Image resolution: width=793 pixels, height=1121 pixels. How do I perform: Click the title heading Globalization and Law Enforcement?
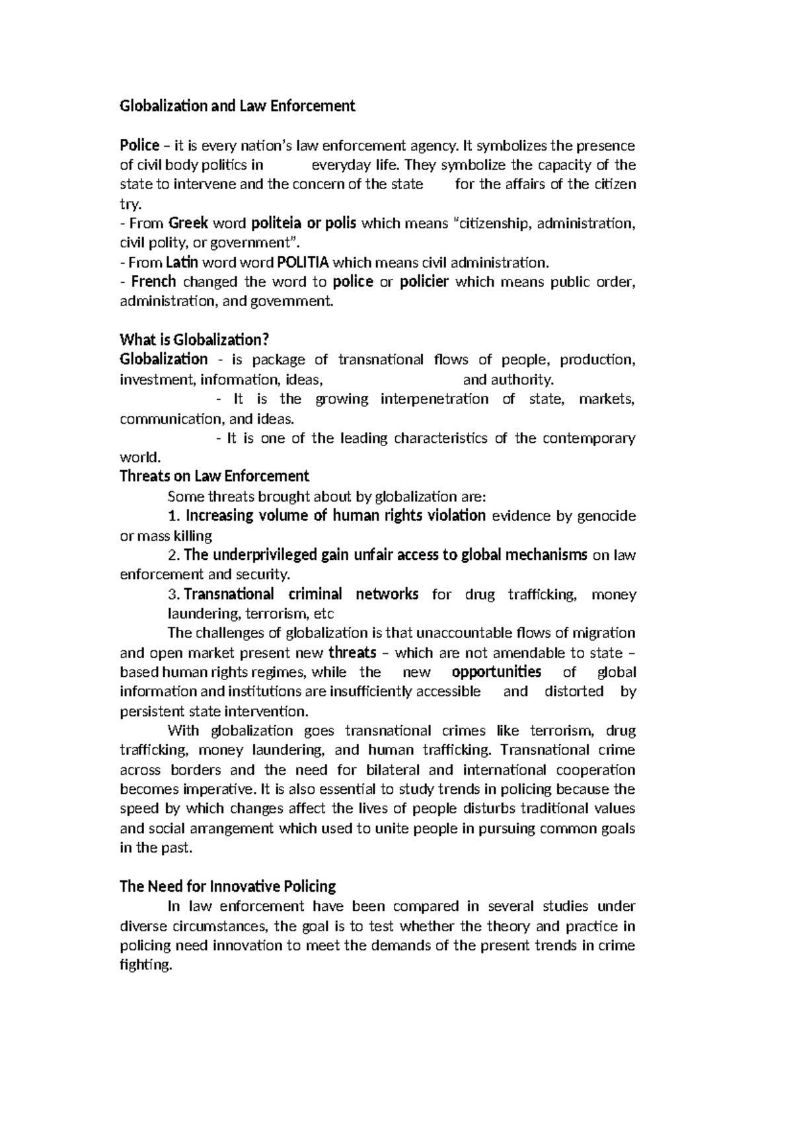click(237, 106)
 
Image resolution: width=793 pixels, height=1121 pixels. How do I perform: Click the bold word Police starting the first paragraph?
click(139, 145)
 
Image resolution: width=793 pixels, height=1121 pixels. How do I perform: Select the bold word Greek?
click(188, 223)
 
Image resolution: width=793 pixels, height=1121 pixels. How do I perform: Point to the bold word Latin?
click(182, 262)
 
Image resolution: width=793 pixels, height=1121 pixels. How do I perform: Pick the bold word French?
click(153, 282)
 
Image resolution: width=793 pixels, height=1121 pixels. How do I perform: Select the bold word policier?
click(424, 282)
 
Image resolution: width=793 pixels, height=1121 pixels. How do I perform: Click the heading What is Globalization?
click(194, 340)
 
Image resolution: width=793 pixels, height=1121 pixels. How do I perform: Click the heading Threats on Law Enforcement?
click(214, 477)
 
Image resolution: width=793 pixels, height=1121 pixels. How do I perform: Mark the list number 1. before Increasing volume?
click(174, 516)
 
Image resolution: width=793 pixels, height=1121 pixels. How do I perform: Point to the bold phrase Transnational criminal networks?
click(301, 594)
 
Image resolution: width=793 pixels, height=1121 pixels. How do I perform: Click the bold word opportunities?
click(496, 672)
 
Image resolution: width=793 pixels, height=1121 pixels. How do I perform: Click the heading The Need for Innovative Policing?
click(227, 886)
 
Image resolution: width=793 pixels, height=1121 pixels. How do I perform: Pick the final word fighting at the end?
click(144, 966)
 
